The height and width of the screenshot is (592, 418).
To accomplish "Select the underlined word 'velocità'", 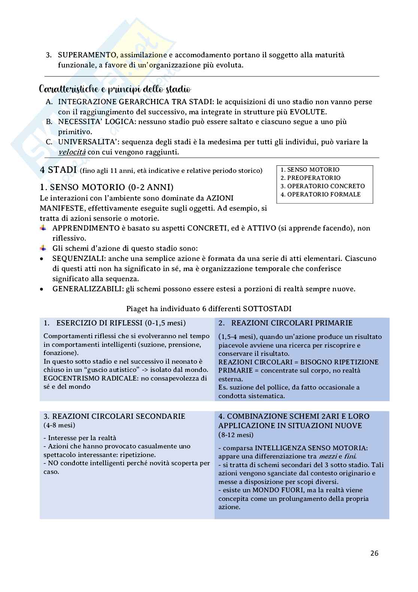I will [72, 152].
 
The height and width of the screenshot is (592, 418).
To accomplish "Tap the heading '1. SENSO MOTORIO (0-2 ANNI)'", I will [106, 187].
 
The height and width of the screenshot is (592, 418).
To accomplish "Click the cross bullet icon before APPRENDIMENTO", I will [43, 228].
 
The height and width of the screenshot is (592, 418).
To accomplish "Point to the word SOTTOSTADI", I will [267, 309].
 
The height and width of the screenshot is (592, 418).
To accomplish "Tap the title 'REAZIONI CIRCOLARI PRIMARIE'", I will [292, 323].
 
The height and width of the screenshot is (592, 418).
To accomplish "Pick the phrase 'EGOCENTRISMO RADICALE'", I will [90, 378].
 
